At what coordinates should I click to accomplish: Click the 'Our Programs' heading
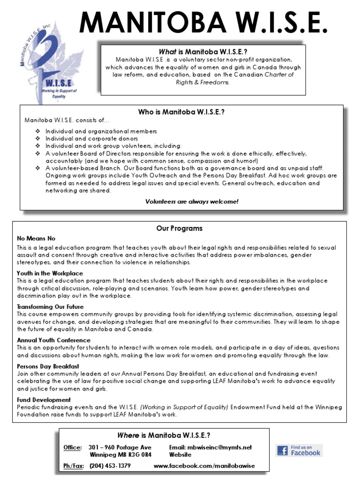tap(180, 228)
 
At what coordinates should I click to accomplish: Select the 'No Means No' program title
tap(36, 239)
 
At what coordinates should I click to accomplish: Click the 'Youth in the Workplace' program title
tap(50, 273)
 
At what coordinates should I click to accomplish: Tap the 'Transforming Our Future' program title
tap(50, 307)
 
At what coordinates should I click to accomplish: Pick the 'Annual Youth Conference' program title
tap(53, 340)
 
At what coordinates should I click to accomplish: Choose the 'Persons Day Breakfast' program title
tap(48, 366)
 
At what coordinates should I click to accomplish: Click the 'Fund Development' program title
tap(44, 400)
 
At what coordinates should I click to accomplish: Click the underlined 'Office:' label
tap(73, 448)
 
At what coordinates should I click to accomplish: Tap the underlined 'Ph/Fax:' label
tap(74, 466)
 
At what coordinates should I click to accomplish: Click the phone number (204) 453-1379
tap(110, 466)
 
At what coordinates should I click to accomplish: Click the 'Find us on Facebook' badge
tap(299, 450)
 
